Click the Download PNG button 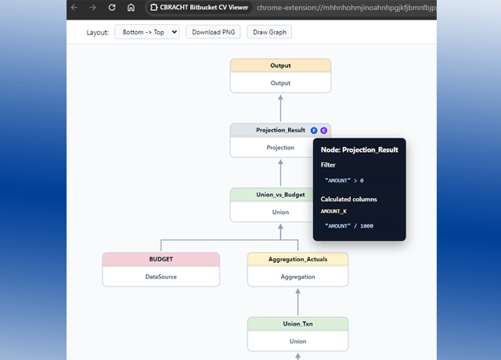[x=213, y=32]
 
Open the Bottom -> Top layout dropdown [x=147, y=32]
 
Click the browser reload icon [x=112, y=7]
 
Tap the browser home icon [x=131, y=7]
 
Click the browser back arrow [x=74, y=7]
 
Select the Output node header [x=280, y=66]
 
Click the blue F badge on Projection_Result [x=314, y=131]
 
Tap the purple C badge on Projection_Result [x=323, y=131]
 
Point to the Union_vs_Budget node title [x=280, y=195]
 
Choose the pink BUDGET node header [x=161, y=259]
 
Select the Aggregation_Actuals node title [x=297, y=259]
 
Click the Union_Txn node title [x=297, y=324]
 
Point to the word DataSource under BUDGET [x=161, y=276]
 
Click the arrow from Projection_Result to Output [x=280, y=108]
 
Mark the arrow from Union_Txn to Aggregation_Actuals [x=297, y=302]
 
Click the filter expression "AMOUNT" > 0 [x=344, y=181]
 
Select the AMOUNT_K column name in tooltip [x=333, y=211]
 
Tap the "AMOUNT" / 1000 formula [x=349, y=226]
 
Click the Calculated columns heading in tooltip [x=349, y=200]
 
